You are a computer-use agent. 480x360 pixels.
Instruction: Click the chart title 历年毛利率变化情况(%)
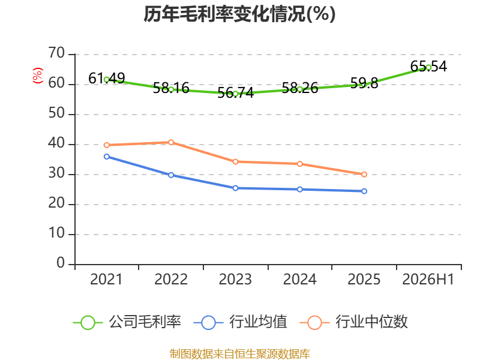239,14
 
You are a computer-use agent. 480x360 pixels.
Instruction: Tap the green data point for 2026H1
428,67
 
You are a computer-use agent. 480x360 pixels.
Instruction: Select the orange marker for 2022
171,142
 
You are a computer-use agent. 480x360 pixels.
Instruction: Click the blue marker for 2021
107,157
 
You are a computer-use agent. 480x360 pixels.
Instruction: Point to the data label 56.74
235,93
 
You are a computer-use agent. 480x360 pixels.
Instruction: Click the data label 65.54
428,67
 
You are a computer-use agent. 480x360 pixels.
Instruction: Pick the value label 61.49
107,79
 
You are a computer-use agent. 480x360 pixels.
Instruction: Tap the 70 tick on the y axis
56,53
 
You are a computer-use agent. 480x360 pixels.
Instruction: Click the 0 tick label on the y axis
61,263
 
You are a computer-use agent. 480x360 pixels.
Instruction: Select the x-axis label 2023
235,280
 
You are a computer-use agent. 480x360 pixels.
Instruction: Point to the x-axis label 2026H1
428,280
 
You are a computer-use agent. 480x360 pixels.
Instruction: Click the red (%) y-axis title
38,76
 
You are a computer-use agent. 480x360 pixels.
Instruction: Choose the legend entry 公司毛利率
127,322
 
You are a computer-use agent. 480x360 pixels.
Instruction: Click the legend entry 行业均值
241,322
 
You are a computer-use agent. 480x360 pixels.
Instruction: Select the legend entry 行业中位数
354,322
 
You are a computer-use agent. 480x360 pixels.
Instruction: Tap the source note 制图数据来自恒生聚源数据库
240,354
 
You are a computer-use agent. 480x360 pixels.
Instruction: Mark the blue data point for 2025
364,191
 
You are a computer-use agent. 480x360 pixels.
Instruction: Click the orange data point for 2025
364,175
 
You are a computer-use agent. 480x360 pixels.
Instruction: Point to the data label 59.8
364,83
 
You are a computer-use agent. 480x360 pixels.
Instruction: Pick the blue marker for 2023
235,188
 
